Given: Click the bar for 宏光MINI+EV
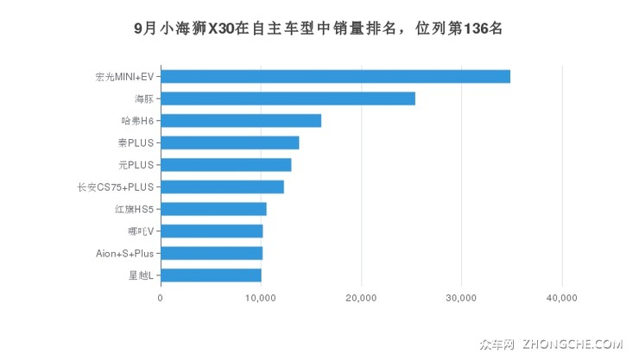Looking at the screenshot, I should (x=335, y=76).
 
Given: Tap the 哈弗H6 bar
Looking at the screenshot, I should (x=241, y=121).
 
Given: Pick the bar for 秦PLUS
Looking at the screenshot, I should (x=230, y=142).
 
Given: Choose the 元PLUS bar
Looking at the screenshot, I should (x=226, y=165).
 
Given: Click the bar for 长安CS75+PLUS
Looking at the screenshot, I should (x=222, y=186).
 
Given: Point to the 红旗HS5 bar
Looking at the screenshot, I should (x=213, y=209).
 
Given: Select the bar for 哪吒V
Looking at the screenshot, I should (x=212, y=231).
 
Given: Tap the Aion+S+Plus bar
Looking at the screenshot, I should (x=212, y=253).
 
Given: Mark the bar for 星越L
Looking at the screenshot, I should (x=211, y=275).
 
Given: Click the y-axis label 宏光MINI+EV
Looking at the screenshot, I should (x=124, y=77).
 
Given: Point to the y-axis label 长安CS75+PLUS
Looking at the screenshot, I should (x=115, y=187).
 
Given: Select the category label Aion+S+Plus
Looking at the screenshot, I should (x=124, y=254).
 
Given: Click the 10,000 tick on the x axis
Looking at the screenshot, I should (x=261, y=298).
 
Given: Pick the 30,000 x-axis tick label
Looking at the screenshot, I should (x=461, y=298).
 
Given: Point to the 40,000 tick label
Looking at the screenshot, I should (x=562, y=298).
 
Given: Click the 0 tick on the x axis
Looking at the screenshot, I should (x=161, y=298).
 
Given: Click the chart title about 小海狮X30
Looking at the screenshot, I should (x=319, y=28).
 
